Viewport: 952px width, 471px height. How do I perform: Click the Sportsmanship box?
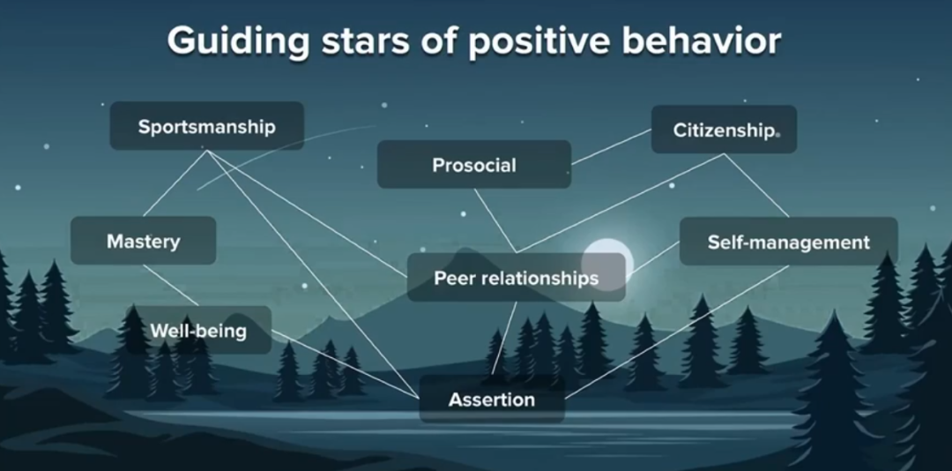(206, 126)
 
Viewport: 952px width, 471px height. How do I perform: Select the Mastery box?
(143, 241)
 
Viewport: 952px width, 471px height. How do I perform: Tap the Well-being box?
(197, 331)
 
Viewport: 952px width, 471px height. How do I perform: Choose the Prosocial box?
(473, 165)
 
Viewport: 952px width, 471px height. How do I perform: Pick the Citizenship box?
(723, 130)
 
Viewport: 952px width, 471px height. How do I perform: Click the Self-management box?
(788, 242)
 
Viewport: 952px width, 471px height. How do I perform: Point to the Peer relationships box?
(516, 279)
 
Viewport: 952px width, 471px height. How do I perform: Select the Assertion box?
(491, 400)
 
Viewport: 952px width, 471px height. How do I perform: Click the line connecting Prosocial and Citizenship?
(611, 147)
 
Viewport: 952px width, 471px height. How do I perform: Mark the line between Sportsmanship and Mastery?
(175, 183)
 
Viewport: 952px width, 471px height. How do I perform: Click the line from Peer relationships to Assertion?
(504, 339)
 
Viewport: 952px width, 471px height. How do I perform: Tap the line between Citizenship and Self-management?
(756, 185)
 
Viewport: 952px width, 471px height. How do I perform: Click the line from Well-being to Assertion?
(344, 363)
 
